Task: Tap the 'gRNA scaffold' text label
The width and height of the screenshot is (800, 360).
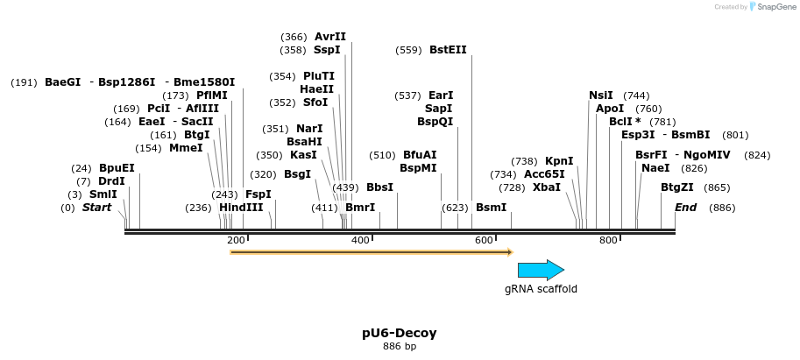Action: point(541,288)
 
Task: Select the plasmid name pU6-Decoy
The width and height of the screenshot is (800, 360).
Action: point(400,333)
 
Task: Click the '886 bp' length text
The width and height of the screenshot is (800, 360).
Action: point(400,347)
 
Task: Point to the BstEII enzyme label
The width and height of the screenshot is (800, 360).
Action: point(448,50)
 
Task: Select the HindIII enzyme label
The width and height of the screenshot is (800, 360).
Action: point(241,208)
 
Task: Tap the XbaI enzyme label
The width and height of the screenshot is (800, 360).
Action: point(547,187)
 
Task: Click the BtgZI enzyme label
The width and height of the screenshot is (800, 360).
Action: point(677,187)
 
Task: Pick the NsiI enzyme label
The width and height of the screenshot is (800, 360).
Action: point(601,95)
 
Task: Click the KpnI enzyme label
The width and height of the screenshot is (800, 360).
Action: point(559,161)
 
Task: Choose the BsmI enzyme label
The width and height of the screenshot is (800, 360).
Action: point(491,208)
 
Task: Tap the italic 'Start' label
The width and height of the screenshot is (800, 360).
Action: point(97,208)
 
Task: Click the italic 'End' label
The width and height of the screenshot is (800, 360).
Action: point(685,208)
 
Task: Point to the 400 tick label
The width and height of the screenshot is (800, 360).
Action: point(360,240)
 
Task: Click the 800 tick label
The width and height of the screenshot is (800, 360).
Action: point(608,240)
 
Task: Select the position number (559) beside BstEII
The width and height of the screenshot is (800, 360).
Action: point(408,50)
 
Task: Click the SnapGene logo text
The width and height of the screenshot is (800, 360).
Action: point(774,7)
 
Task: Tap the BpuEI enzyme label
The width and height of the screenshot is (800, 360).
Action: point(117,168)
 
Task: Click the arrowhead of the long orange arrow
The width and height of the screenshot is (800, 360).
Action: point(509,252)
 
